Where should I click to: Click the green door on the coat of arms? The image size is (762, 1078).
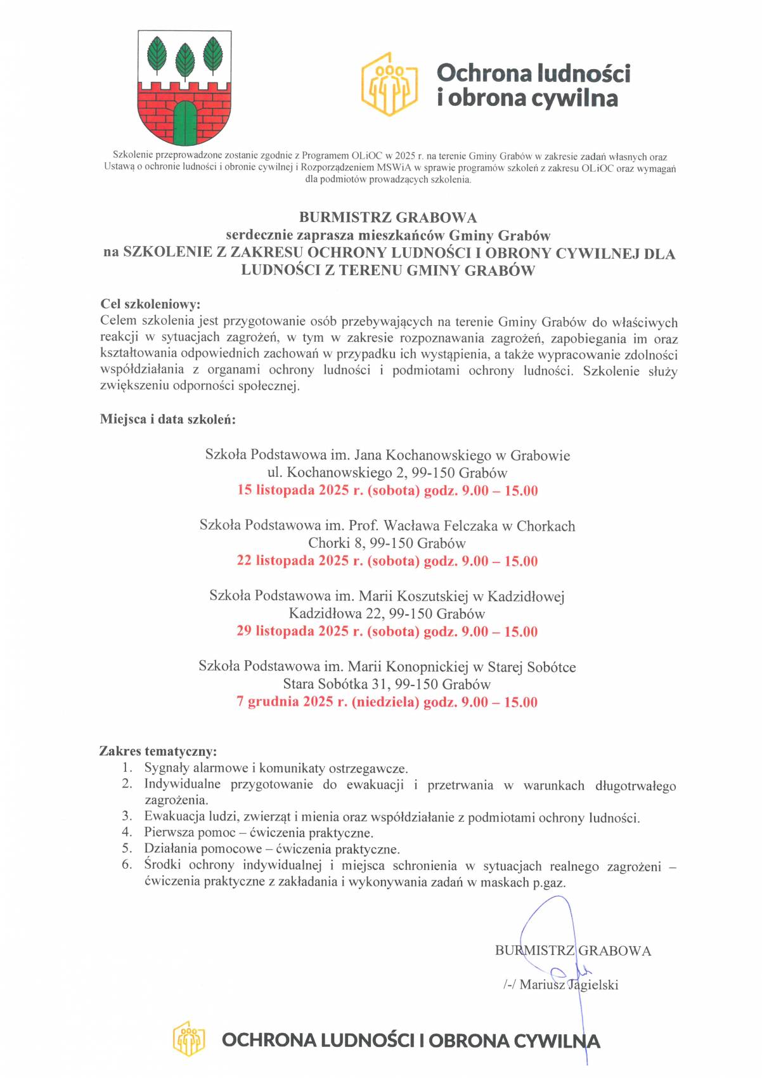point(185,124)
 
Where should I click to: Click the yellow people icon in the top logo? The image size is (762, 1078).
point(389,84)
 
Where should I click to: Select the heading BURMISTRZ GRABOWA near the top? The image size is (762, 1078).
point(387,218)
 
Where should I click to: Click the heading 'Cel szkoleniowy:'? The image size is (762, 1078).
point(150,304)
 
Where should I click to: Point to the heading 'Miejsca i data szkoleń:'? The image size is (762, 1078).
point(168,419)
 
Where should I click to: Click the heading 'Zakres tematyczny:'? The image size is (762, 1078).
point(158,751)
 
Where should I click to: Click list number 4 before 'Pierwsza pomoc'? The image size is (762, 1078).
point(127,832)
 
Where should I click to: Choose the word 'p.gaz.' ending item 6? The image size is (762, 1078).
point(549,881)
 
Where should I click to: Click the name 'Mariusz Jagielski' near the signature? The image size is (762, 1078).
point(569,985)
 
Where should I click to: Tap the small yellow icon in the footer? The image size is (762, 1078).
point(189,1039)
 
